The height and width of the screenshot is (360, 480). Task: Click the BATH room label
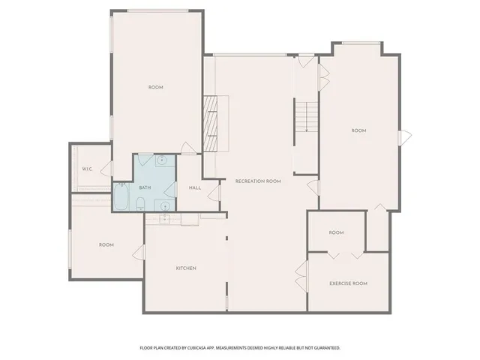pos(145,187)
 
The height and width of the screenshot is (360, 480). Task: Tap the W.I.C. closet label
pos(87,169)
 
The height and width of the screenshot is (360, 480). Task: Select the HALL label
pos(194,187)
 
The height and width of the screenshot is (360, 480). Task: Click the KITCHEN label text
pos(186,268)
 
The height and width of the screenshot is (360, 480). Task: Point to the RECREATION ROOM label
pos(258,181)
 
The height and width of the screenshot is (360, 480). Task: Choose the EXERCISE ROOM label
pos(348,283)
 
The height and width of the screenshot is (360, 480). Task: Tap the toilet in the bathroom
pos(140,201)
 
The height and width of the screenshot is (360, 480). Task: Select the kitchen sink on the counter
pos(166,218)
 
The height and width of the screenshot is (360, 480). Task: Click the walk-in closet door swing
pos(106,169)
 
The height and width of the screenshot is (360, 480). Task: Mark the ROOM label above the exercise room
pos(336,232)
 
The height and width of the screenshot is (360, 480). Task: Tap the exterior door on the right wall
pos(405,137)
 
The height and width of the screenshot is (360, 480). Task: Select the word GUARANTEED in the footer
pos(323,348)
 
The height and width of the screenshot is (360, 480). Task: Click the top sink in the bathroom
pos(160,160)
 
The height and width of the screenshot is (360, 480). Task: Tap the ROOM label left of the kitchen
pos(106,244)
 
